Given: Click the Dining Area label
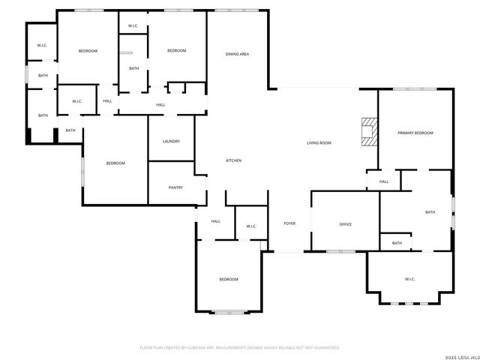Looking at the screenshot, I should pyautogui.click(x=238, y=54).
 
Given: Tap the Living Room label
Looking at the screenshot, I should pyautogui.click(x=319, y=142).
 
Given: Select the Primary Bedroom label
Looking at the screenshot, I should pyautogui.click(x=415, y=133).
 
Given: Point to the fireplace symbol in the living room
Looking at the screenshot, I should pyautogui.click(x=367, y=131).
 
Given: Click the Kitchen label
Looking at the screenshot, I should pyautogui.click(x=234, y=160).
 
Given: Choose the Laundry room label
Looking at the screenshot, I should pyautogui.click(x=171, y=141).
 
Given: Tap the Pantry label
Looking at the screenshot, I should pyautogui.click(x=175, y=187).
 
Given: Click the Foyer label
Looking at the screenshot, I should pyautogui.click(x=289, y=223).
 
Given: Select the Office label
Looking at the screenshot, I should pyautogui.click(x=346, y=224).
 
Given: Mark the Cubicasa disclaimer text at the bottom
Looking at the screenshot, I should pyautogui.click(x=240, y=347).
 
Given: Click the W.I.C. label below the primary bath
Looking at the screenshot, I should pyautogui.click(x=410, y=279).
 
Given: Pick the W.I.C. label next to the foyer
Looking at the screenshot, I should pyautogui.click(x=251, y=226).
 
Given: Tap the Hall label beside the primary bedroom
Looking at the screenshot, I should pyautogui.click(x=384, y=181).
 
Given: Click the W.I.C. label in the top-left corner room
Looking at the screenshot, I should pyautogui.click(x=43, y=46).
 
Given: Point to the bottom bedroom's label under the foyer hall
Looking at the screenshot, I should pyautogui.click(x=229, y=279).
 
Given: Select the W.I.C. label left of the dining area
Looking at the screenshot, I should pyautogui.click(x=133, y=26).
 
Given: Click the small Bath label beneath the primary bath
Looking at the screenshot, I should pyautogui.click(x=397, y=243).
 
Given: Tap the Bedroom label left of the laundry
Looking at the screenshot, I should pyautogui.click(x=115, y=163).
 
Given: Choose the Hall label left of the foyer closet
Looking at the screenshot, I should pyautogui.click(x=216, y=221).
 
